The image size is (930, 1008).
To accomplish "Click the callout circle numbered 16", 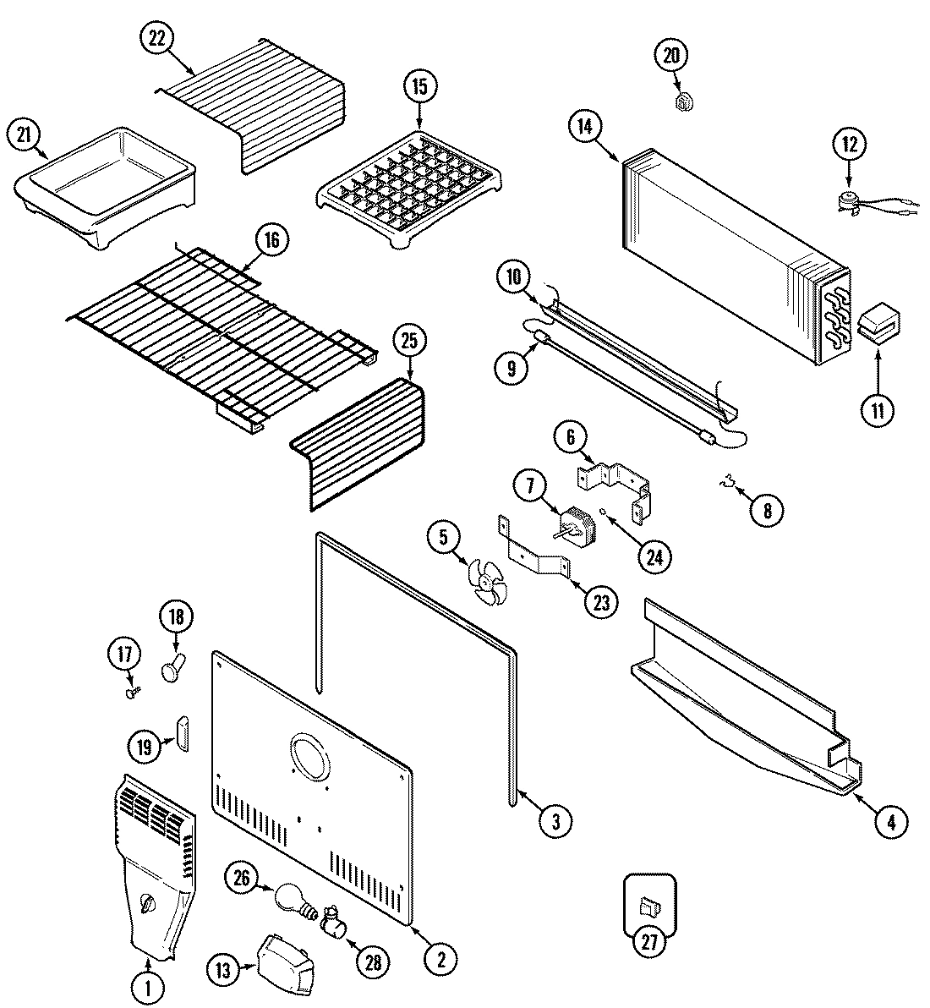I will tap(271, 241).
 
